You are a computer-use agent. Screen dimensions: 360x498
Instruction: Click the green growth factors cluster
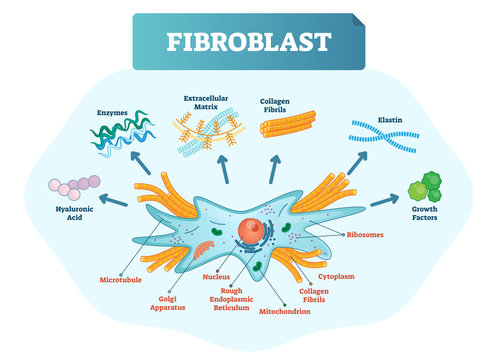431,185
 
